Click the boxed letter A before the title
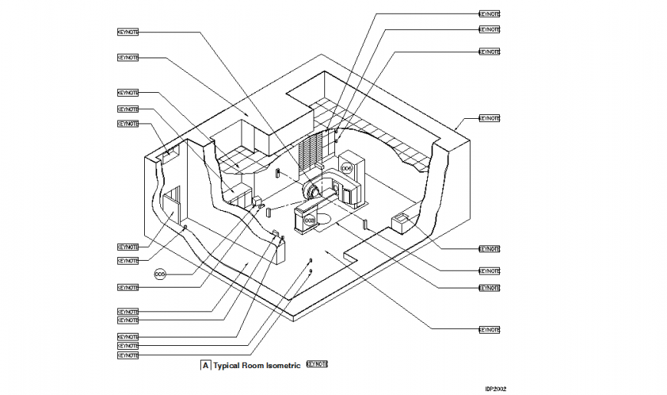(205, 366)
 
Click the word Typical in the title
(228, 366)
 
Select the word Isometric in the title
(282, 366)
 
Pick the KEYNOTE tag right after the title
(317, 364)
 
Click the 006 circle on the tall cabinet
(347, 167)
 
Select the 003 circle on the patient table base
(309, 220)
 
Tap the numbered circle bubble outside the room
(160, 273)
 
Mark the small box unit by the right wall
(402, 222)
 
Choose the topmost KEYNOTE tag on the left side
(128, 31)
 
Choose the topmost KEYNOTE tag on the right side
(489, 14)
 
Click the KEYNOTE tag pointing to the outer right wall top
(489, 119)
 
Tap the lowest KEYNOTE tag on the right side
(489, 329)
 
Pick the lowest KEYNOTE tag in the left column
(128, 355)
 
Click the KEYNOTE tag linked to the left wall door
(128, 247)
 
